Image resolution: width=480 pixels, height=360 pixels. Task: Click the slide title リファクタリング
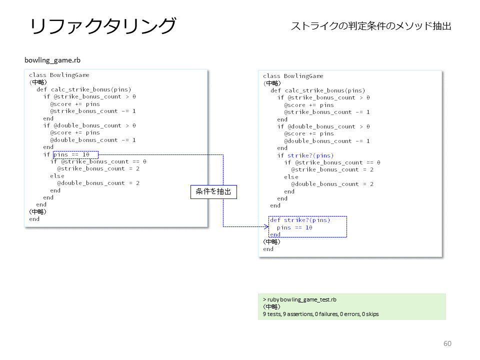coord(103,26)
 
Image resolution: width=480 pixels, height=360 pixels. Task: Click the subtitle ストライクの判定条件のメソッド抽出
coord(371,26)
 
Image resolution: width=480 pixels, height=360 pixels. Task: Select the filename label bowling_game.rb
coord(52,60)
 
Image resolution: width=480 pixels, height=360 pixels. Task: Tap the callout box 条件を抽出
coord(213,192)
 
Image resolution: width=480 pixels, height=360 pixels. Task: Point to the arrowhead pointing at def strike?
coord(266,226)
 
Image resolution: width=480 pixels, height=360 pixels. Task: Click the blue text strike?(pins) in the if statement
coord(310,155)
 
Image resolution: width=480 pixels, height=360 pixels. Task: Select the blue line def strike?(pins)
coord(300,220)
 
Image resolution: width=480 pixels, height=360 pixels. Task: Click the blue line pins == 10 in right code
coord(294,227)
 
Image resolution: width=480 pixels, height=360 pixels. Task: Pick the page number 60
coord(447,343)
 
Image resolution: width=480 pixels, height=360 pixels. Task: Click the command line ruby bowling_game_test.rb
coord(299,299)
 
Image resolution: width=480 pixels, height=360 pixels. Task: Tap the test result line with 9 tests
coord(320,314)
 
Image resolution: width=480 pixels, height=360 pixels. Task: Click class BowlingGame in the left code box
coord(59,75)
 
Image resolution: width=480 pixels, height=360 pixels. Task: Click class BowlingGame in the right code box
coord(293,76)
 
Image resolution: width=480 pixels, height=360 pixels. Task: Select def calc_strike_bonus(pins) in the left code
coord(84,89)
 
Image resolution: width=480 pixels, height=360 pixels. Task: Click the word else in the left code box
coord(57,176)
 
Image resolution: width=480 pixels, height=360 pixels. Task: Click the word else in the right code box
coord(291,177)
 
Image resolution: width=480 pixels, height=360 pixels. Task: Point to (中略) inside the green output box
coord(271,306)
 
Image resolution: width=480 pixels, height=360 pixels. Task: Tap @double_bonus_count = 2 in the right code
coord(332,184)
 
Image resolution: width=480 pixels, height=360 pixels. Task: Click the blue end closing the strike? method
coord(275,234)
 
